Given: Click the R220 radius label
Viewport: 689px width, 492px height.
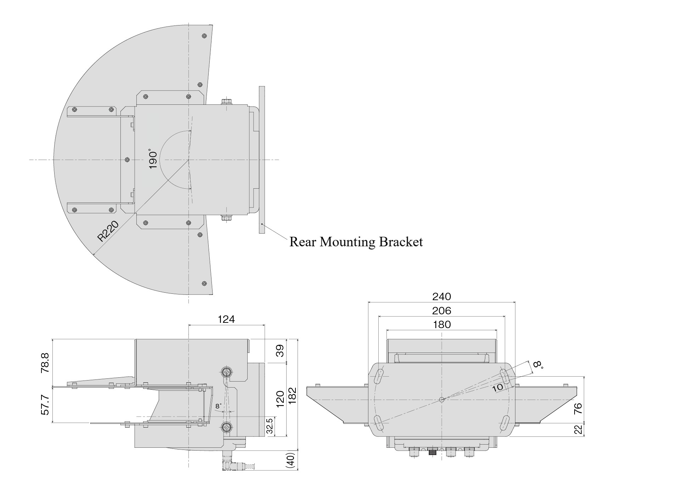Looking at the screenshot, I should click(x=108, y=231).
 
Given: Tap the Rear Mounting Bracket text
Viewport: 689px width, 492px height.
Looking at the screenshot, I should click(x=356, y=242).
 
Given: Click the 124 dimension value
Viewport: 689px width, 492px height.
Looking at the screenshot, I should click(x=226, y=319).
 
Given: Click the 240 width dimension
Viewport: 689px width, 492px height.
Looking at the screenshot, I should click(x=441, y=297).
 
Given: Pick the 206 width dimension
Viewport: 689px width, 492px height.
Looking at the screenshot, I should click(x=441, y=311).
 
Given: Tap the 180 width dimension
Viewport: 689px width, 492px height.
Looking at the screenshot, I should click(x=442, y=325).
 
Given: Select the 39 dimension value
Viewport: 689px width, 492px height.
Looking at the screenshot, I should click(x=280, y=351).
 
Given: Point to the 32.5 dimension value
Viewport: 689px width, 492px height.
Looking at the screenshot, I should click(x=270, y=427).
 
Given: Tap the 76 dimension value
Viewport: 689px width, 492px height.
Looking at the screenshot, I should click(x=578, y=408).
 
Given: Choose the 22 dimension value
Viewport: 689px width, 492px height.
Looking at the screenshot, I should click(x=578, y=429).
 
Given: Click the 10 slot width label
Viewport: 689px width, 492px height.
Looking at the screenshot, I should click(x=498, y=387).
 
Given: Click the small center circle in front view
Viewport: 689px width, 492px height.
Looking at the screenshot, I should click(x=441, y=399).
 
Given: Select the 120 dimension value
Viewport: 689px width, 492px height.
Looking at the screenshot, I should click(x=280, y=399).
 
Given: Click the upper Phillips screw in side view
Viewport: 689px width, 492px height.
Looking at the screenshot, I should click(x=227, y=372).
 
